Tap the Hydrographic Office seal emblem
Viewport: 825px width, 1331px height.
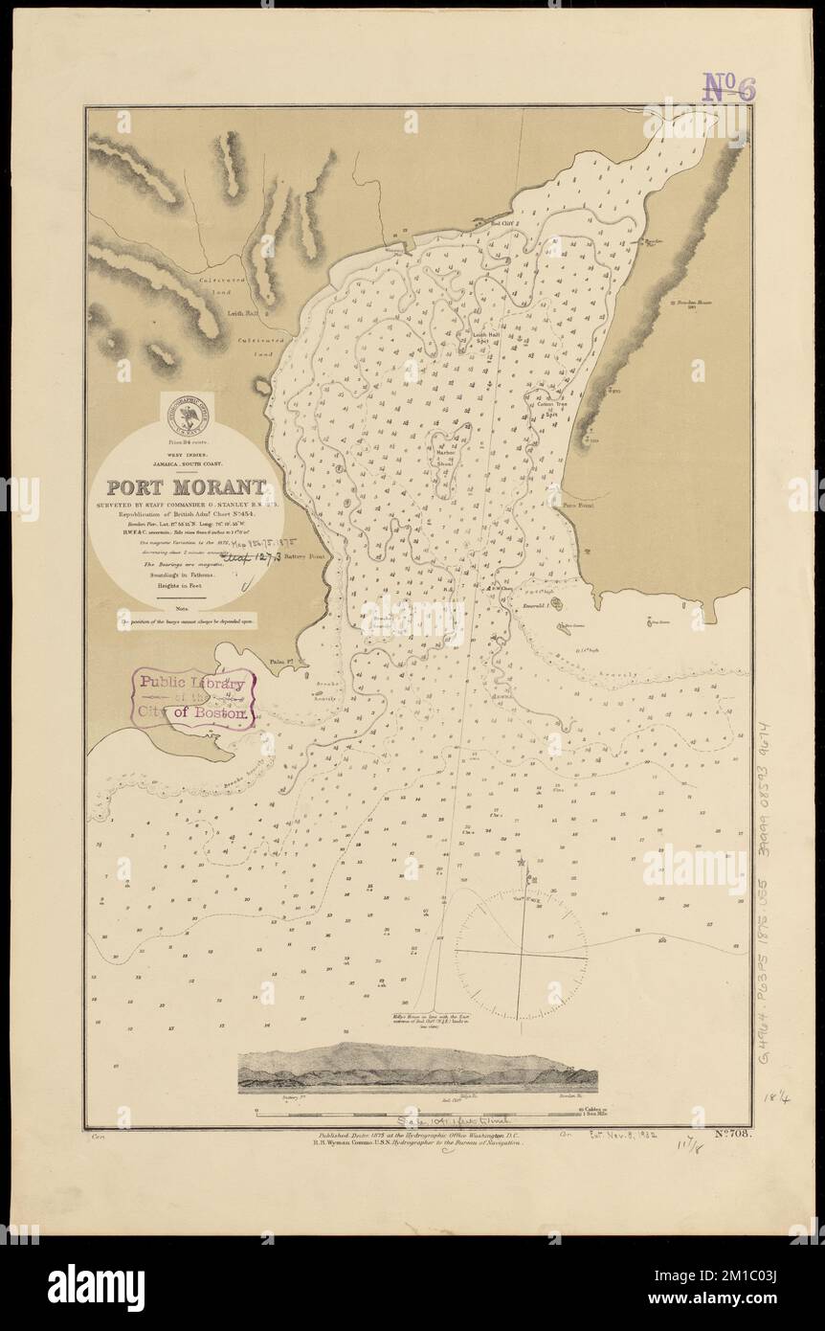click(x=189, y=415)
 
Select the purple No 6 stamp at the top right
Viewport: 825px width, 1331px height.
click(x=729, y=87)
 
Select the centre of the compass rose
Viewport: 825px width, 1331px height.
click(x=520, y=954)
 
